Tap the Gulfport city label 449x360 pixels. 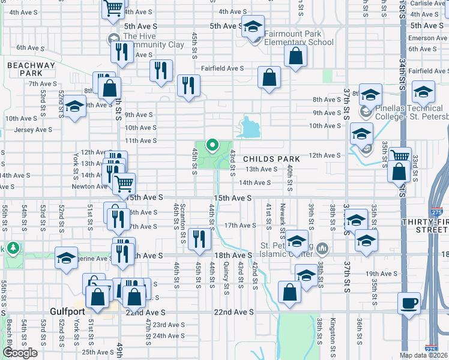click(x=67, y=312)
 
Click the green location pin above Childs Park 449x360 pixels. click(x=211, y=145)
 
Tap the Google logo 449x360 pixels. click(x=20, y=353)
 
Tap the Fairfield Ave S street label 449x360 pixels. click(x=222, y=68)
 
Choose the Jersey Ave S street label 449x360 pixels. click(x=33, y=130)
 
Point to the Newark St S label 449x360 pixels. click(x=282, y=219)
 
